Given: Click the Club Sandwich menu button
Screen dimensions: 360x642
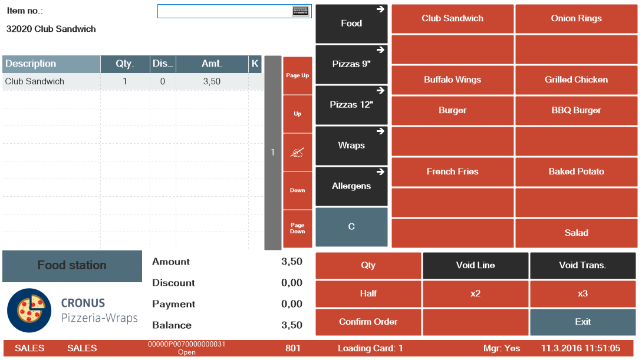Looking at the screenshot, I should (452, 19).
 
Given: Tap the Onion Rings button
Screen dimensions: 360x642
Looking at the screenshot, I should (576, 19).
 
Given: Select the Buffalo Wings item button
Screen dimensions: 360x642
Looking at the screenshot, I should (452, 80).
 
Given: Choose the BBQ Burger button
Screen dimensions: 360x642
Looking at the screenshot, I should (576, 111).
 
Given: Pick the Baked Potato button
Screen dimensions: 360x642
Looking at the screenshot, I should (576, 172).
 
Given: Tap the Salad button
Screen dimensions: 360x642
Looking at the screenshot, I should (576, 233).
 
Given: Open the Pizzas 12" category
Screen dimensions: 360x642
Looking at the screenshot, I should (351, 105).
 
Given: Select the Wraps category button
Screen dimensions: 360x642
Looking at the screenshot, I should (351, 146).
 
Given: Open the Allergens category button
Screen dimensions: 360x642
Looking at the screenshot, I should (351, 186).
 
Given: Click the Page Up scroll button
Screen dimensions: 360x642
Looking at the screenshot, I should (297, 76).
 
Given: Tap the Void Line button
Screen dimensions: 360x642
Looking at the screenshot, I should (475, 266).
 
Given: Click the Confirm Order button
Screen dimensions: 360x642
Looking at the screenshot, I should (368, 322).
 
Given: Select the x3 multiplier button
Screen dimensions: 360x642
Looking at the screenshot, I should (582, 294).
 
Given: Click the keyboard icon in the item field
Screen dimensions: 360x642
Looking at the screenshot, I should (301, 11).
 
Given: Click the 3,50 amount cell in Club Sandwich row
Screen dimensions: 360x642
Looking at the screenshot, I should (212, 82).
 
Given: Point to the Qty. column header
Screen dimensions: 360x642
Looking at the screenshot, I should (125, 64).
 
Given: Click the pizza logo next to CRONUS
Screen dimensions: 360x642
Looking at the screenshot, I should (29, 311).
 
